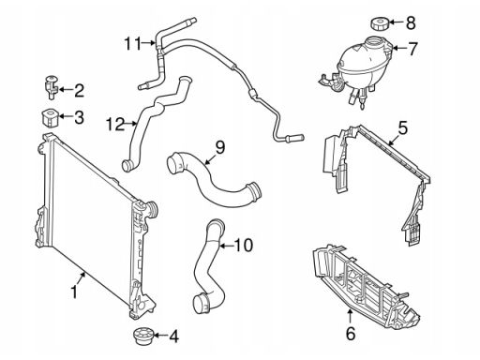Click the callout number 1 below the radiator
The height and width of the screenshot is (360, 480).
click(x=74, y=292)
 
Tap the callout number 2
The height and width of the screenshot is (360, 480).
click(x=80, y=90)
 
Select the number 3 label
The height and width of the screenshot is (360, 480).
click(x=79, y=117)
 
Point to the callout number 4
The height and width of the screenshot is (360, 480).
click(x=174, y=337)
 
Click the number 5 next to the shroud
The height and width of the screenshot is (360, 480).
click(x=402, y=127)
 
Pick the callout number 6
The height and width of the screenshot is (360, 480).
click(x=351, y=333)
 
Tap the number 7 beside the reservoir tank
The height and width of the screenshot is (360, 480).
click(x=412, y=49)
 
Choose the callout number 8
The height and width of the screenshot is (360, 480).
click(x=411, y=22)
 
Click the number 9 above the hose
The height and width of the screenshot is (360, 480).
click(x=220, y=147)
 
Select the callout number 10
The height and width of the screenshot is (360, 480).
click(x=244, y=246)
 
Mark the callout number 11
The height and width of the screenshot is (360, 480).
click(x=133, y=43)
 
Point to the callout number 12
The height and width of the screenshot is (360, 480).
click(x=115, y=124)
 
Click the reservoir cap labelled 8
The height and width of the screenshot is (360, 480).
click(x=380, y=23)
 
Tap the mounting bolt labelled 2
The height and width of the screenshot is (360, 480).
click(x=50, y=87)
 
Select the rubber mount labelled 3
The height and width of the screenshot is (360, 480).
click(x=50, y=118)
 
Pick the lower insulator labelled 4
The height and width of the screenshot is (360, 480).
click(x=142, y=337)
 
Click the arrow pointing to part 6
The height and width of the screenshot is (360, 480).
click(x=350, y=317)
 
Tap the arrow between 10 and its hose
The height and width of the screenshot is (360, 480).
click(x=227, y=246)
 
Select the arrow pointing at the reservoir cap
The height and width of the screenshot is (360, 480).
click(x=397, y=22)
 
